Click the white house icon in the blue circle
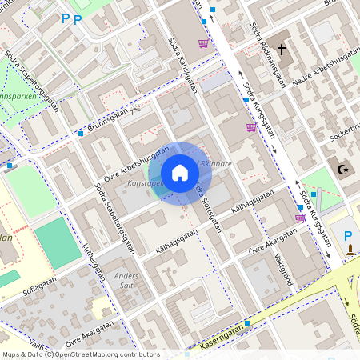tap(180, 173)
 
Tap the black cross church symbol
tap(281, 50)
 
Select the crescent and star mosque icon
tap(346, 170)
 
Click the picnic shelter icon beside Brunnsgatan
tap(136, 111)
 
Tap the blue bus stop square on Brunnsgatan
tap(81, 134)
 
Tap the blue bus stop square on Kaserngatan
tap(248, 323)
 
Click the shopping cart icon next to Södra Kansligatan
tap(203, 43)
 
